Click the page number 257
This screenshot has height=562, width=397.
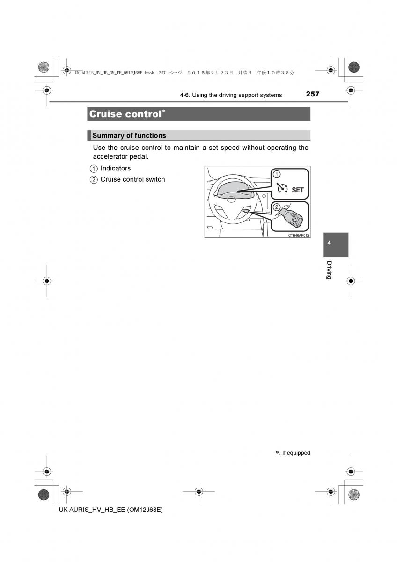[x=312, y=94]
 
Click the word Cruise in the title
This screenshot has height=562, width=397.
[x=105, y=114]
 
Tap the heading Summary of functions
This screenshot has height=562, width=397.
[x=129, y=136]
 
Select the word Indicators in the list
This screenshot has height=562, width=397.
[x=116, y=168]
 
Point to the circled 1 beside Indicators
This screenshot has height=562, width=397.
[x=94, y=169]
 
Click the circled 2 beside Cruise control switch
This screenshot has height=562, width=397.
[x=94, y=180]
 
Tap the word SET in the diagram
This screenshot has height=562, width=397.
[x=298, y=190]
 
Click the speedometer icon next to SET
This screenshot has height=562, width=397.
[x=281, y=189]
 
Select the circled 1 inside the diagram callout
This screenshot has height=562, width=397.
[x=276, y=174]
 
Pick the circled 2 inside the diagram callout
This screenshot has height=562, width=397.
[x=276, y=207]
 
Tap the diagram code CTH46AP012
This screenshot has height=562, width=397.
[x=299, y=235]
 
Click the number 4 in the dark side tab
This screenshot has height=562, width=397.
[x=329, y=243]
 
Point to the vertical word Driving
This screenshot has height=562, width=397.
[x=329, y=270]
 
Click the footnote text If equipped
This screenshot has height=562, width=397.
[x=296, y=453]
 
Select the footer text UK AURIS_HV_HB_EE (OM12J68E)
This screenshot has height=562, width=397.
[x=111, y=510]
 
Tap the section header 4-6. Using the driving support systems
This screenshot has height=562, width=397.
[x=231, y=95]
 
